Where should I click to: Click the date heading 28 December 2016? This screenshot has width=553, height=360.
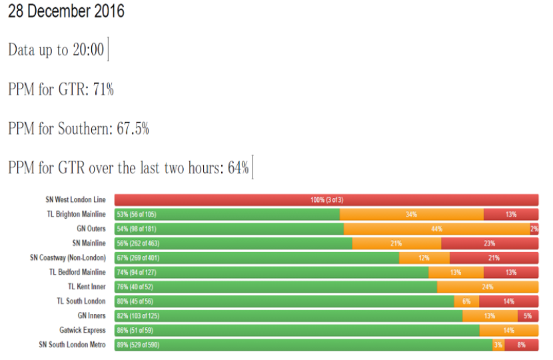[x=66, y=12]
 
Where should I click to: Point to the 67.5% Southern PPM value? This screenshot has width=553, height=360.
[x=133, y=128]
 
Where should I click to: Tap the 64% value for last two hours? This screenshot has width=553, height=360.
[x=238, y=167]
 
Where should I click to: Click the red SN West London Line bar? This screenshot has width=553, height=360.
[x=326, y=200]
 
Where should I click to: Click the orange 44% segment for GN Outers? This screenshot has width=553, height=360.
[x=437, y=229]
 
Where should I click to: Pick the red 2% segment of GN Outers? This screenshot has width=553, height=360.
[x=534, y=229]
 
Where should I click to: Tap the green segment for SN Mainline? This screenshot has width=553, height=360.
[x=233, y=243]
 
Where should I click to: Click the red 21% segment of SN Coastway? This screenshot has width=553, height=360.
[x=494, y=258]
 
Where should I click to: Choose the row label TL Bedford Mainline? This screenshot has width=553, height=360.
[x=77, y=272]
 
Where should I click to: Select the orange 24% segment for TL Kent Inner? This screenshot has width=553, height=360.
[x=488, y=287]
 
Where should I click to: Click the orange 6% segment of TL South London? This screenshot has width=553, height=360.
[x=466, y=301]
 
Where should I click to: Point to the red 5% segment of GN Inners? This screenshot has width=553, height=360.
[x=528, y=316]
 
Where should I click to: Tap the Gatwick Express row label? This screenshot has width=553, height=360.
[x=82, y=330]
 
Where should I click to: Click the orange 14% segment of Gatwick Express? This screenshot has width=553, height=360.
[x=509, y=330]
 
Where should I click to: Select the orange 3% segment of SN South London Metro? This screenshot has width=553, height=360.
[x=498, y=345]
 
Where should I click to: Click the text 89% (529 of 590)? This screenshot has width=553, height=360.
[x=138, y=345]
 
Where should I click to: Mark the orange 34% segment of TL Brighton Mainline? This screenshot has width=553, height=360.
[x=412, y=214]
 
